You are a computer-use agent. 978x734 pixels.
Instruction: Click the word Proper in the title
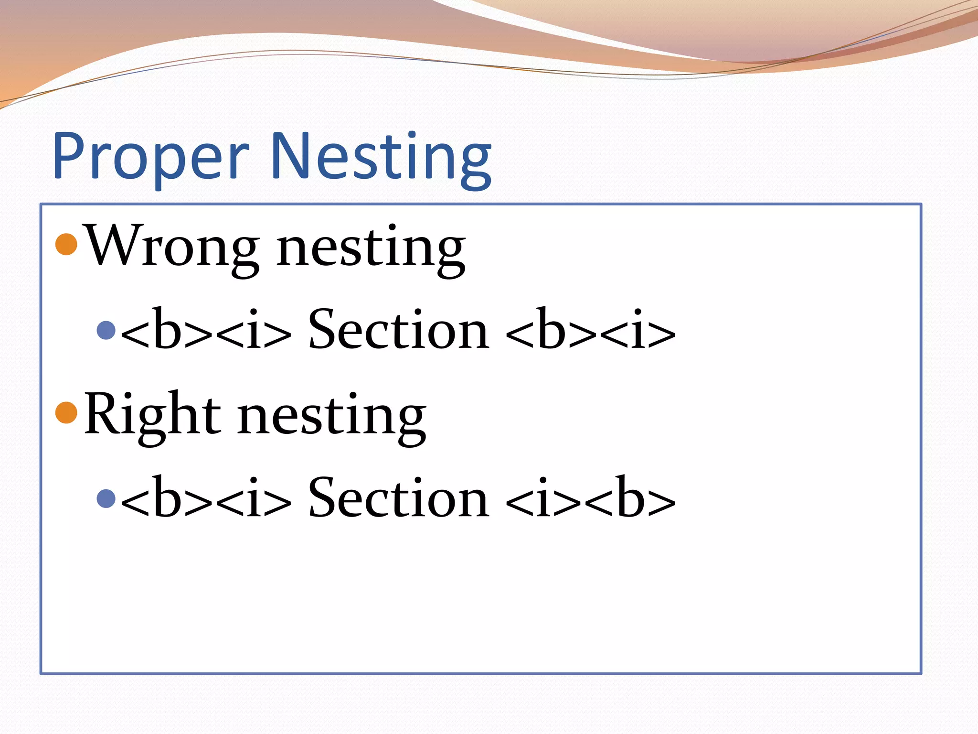click(x=150, y=157)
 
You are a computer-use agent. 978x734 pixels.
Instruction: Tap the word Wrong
click(x=172, y=247)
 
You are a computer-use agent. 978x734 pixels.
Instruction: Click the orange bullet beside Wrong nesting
click(x=66, y=244)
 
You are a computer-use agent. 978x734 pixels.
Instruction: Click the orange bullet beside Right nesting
click(x=66, y=412)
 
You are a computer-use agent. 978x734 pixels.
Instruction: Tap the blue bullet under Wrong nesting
click(x=106, y=330)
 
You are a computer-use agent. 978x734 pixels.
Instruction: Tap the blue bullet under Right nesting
click(x=106, y=498)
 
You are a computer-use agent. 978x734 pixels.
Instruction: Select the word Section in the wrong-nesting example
click(x=399, y=330)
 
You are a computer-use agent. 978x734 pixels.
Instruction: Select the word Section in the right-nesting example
click(x=399, y=498)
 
